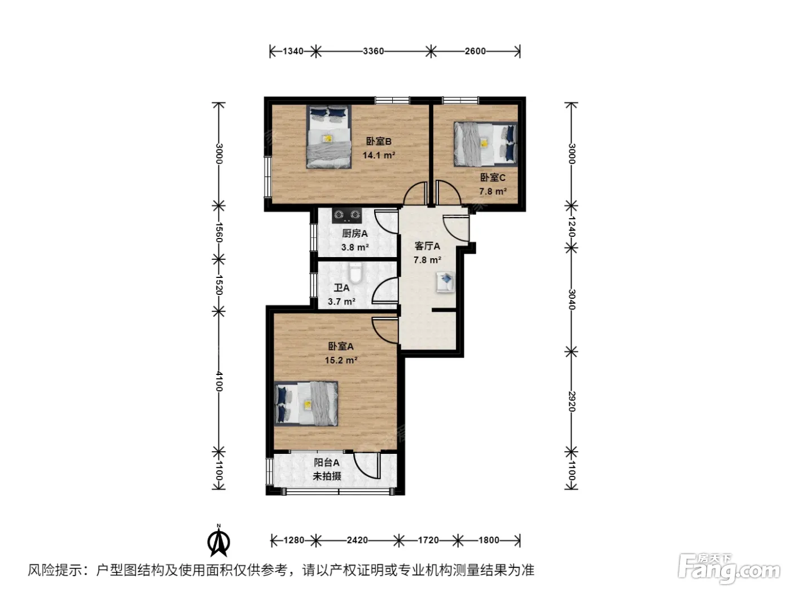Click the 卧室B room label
tap(379, 142)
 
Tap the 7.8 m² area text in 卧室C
tap(493, 191)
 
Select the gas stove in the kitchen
tap(346, 215)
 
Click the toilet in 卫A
tap(355, 273)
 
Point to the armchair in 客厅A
tap(445, 282)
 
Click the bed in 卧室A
tap(306, 404)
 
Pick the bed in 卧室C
tap(485, 144)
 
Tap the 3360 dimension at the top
tap(373, 51)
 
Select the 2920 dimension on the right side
tap(572, 401)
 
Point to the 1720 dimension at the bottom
tap(428, 540)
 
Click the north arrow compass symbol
tap(218, 540)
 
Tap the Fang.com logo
tap(729, 571)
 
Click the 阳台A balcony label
tap(326, 462)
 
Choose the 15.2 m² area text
tap(341, 360)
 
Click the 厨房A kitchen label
tap(355, 233)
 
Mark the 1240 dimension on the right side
tap(572, 227)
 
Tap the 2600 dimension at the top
tap(475, 51)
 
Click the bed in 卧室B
tap(328, 136)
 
